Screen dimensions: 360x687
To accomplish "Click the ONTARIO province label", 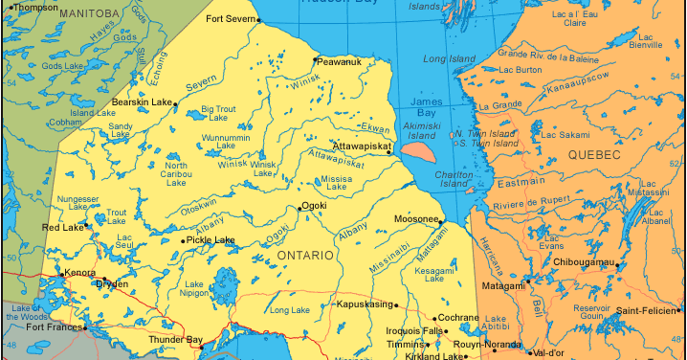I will (x=305, y=256).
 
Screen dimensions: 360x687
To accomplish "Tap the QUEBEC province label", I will (x=594, y=154).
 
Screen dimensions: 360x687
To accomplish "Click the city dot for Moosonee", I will (x=442, y=220).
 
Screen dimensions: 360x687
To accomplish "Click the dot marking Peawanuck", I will (x=315, y=59).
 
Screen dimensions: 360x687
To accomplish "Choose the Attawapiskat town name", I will (x=361, y=146).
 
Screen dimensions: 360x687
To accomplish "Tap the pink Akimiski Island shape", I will (x=420, y=149).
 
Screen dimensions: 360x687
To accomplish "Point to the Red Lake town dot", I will (x=86, y=227).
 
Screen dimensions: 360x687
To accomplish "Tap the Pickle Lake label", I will (x=212, y=240).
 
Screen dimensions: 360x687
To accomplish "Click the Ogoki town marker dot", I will (x=299, y=207).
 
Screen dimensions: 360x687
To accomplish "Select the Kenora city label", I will (x=79, y=273).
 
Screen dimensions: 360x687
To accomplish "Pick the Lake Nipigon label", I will (x=194, y=289).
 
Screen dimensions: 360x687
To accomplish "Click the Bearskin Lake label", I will (x=142, y=101).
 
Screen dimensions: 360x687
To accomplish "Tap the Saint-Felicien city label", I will (x=652, y=310).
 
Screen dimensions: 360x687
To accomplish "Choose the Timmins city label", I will (x=404, y=344).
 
